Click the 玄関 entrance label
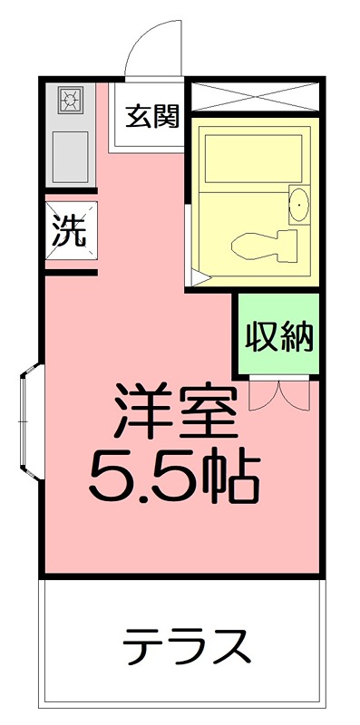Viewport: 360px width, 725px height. (151, 117)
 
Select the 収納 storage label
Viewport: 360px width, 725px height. (278, 336)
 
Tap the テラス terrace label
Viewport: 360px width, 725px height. (185, 646)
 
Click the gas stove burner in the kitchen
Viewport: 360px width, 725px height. (71, 99)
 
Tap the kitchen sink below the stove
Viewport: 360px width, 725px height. (71, 156)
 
